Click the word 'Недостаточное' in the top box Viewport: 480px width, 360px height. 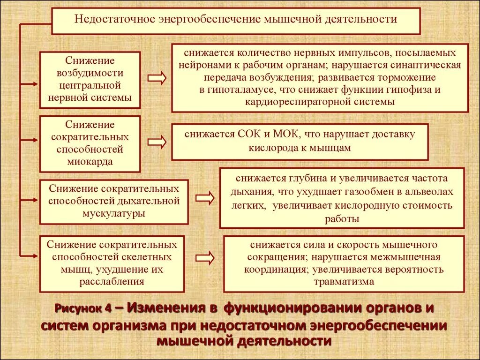coord(113,20)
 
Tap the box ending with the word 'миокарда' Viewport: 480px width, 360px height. coord(90,143)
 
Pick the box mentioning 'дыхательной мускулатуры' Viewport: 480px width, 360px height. coord(114,201)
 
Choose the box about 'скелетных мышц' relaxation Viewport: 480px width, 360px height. coord(112,263)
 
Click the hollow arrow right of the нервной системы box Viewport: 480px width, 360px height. coord(157,78)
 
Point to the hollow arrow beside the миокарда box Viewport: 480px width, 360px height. coord(157,142)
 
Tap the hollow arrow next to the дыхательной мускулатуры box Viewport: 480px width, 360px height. coord(204,199)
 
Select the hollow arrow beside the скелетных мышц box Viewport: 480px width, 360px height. coord(204,257)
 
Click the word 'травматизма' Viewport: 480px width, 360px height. coord(345,282)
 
